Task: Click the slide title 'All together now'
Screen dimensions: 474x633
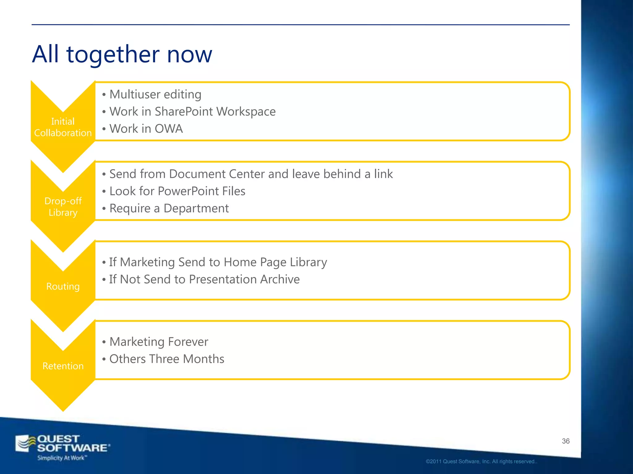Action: [122, 54]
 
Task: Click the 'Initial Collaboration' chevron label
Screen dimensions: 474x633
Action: [63, 127]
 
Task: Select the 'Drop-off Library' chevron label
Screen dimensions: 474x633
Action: [63, 207]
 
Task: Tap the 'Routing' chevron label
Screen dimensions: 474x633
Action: [63, 286]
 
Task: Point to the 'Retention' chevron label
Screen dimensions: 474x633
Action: [63, 366]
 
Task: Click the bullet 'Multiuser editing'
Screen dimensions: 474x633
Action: [155, 94]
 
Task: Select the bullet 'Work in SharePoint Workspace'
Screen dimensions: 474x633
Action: [192, 112]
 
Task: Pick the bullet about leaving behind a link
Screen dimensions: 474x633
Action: [251, 174]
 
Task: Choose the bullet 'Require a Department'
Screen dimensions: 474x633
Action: [169, 209]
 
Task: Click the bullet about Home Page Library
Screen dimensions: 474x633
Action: [218, 262]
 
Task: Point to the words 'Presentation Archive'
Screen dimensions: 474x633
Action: [244, 280]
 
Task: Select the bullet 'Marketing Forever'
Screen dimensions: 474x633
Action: [159, 342]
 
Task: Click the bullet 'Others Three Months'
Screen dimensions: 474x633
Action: [167, 359]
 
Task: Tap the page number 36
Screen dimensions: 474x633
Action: [566, 441]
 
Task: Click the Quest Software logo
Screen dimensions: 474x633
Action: [62, 444]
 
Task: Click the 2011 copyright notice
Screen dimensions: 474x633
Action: [481, 462]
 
